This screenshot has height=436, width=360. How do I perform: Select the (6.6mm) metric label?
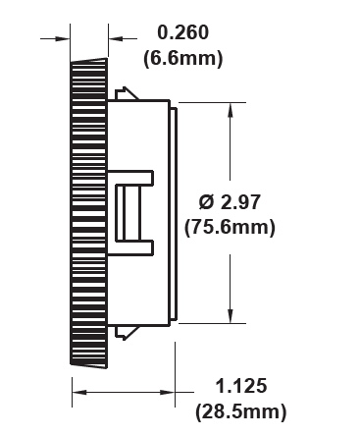click(182, 58)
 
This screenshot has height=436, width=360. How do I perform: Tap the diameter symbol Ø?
click(207, 202)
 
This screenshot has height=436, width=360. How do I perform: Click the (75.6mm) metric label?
click(230, 227)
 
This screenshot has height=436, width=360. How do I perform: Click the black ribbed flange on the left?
click(87, 211)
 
